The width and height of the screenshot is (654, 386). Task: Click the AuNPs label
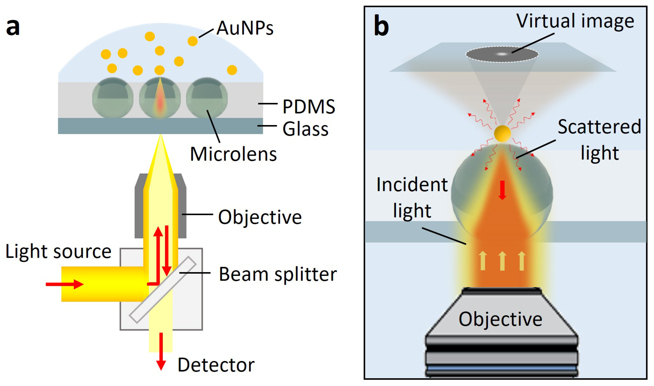pos(245,28)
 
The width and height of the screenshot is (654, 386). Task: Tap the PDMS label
pos(309,107)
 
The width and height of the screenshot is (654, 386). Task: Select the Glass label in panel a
pos(305,129)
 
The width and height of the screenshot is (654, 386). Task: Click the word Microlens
pos(233,154)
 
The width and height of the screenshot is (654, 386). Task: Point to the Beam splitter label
pos(278,274)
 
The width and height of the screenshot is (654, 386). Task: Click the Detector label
pos(216,365)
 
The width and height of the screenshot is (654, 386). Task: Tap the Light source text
pos(58,252)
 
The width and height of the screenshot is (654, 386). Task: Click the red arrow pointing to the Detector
pos(161,351)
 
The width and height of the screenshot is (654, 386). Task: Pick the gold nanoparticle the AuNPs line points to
pos(192,41)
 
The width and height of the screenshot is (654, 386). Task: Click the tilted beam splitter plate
pos(163,290)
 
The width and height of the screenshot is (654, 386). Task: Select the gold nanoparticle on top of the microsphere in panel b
pos(502,133)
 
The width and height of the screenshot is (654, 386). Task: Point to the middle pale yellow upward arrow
pos(502,261)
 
